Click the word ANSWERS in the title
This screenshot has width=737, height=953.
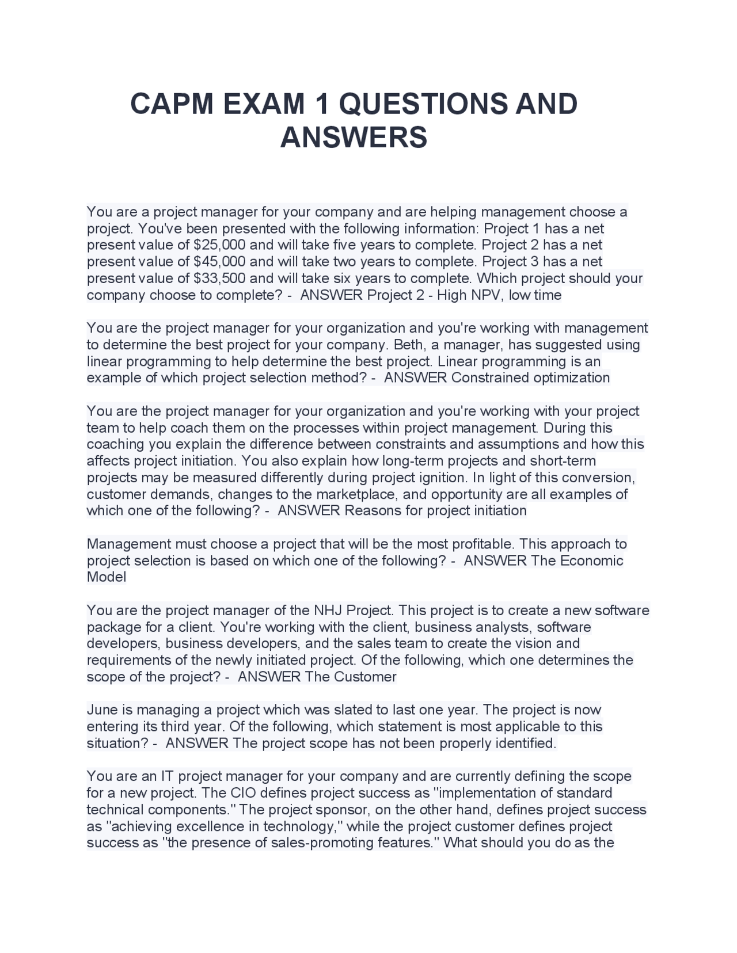tap(354, 138)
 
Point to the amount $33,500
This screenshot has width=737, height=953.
tap(219, 279)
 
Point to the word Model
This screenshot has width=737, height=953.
tap(106, 577)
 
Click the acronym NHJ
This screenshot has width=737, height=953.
tap(328, 610)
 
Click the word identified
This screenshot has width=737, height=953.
tap(526, 743)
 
